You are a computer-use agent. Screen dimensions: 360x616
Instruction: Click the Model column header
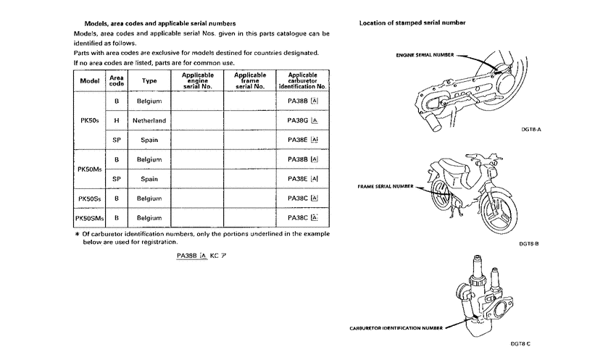90,80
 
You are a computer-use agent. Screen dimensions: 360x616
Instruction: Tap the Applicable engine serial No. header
197,80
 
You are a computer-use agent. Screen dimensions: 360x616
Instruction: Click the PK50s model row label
90,120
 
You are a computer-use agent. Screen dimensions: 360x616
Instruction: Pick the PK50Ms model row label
90,169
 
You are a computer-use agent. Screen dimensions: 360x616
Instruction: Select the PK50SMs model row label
90,217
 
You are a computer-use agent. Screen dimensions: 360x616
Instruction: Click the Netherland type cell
149,120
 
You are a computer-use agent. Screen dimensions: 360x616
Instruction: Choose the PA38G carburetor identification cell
302,120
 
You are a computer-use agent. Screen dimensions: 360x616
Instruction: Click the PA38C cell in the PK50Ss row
302,198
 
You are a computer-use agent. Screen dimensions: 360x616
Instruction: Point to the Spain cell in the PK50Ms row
149,179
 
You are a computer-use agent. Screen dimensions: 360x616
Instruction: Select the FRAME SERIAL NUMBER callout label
385,186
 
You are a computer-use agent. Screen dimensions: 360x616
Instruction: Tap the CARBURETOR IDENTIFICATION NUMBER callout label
396,327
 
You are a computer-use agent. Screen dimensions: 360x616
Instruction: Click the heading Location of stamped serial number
412,23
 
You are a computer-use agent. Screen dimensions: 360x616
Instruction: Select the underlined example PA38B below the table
187,255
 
